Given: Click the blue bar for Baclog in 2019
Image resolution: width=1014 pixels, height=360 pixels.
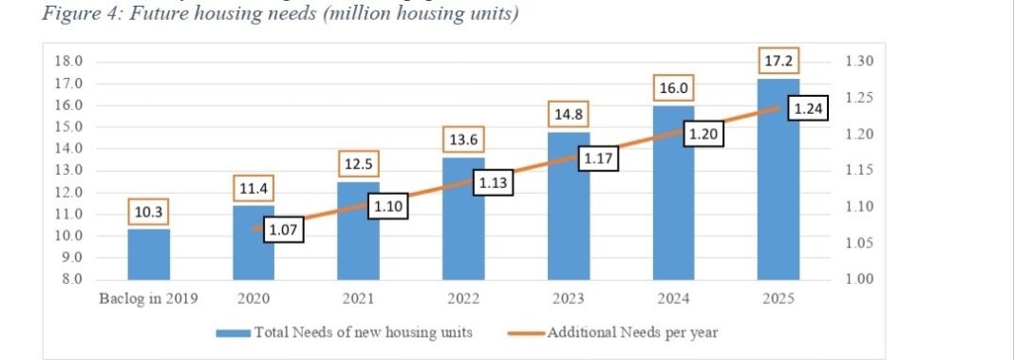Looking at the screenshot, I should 149,255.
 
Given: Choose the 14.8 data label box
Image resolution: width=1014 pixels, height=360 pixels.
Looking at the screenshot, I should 568,116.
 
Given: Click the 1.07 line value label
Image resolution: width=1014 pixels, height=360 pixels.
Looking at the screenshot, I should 283,229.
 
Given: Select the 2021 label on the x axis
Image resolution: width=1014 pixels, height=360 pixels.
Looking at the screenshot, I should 359,299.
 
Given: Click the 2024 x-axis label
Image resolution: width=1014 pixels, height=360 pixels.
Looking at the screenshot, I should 673,299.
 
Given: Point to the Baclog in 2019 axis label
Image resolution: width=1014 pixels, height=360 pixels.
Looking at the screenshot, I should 149,299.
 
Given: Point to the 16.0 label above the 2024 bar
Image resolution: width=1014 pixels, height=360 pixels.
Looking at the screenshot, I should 673,89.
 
